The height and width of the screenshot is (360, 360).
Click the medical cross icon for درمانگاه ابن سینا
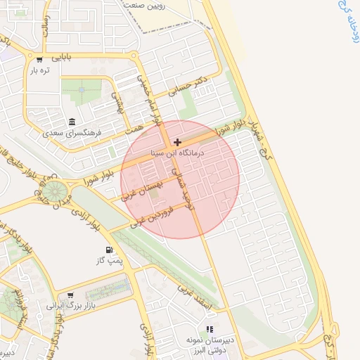tap(177, 142)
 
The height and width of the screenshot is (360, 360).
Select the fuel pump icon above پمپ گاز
tap(109, 250)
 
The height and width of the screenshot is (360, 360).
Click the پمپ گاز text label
tap(109, 261)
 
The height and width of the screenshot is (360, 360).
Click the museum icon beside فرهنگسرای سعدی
tap(72, 121)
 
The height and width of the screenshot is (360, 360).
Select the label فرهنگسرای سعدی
tap(72, 131)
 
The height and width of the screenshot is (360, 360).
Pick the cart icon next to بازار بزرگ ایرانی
tap(70, 295)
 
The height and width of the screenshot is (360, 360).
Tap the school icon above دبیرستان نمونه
tap(209, 329)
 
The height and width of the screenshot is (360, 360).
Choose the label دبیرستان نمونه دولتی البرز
tap(209, 345)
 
